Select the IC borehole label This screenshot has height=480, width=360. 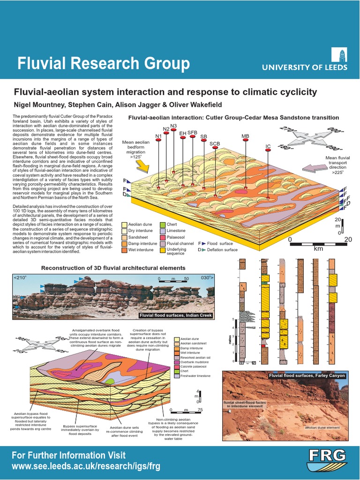[x=268, y=146]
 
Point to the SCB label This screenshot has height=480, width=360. [x=215, y=143]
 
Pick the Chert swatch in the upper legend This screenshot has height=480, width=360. [x=163, y=225]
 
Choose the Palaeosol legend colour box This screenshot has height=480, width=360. [x=163, y=237]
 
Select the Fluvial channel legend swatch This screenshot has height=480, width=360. [x=163, y=244]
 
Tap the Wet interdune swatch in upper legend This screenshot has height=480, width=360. [x=125, y=250]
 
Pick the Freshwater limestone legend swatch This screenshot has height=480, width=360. [x=177, y=376]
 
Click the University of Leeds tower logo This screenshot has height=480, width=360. [x=340, y=54]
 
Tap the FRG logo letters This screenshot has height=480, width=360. [x=327, y=454]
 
